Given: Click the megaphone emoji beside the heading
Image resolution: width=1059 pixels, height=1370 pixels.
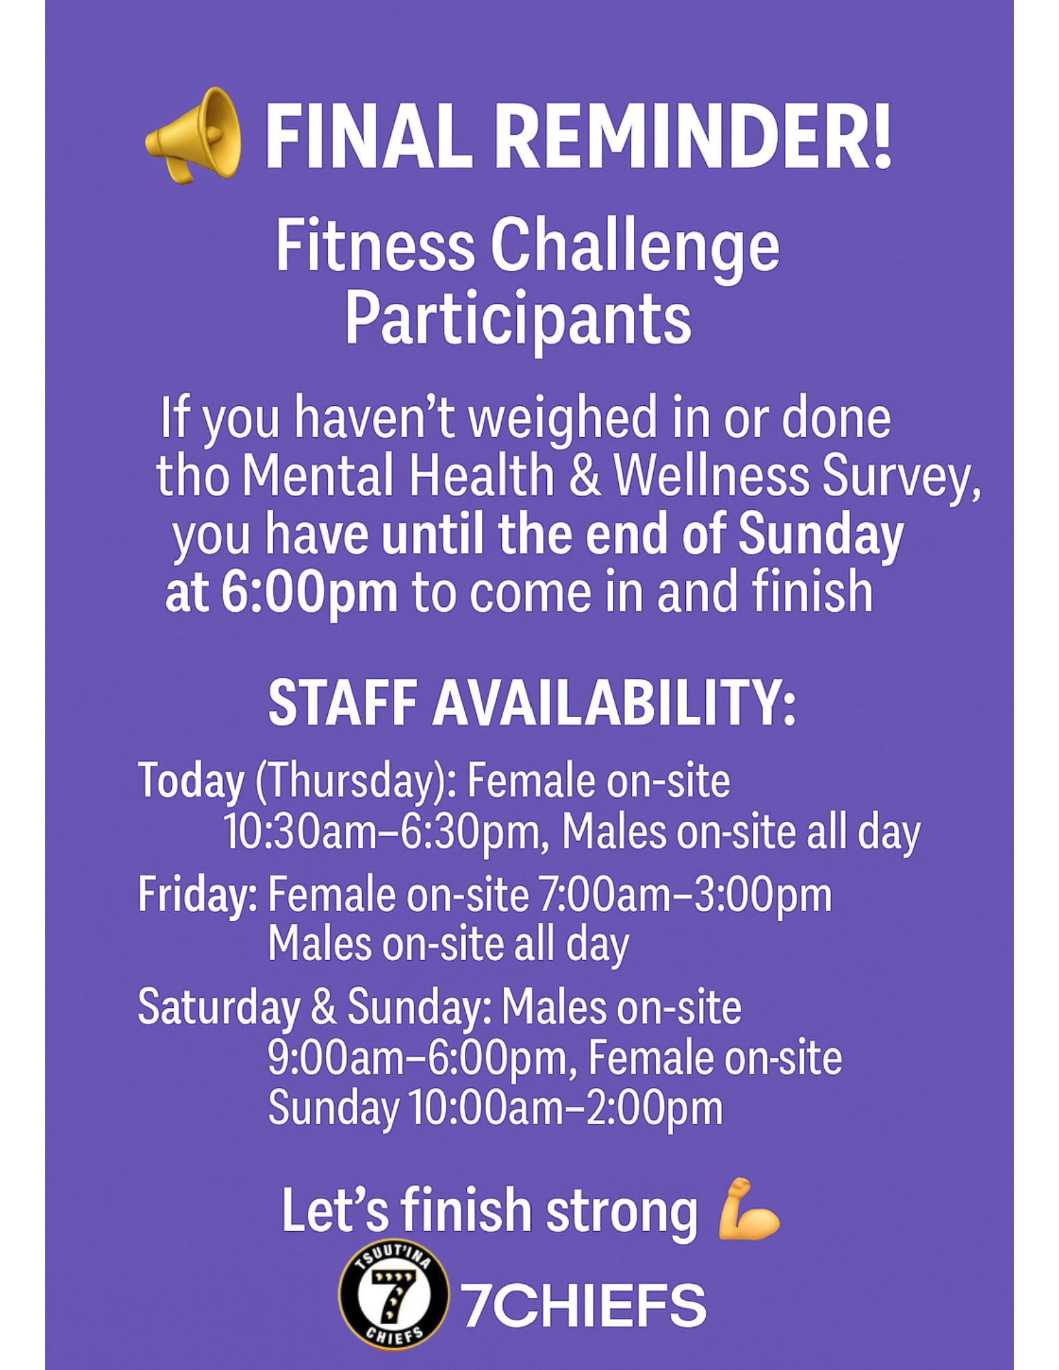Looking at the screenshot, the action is (193, 135).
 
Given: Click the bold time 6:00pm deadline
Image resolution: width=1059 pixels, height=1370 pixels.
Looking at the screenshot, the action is (309, 593).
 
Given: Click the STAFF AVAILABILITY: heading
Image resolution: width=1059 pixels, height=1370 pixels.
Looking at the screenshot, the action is (532, 703).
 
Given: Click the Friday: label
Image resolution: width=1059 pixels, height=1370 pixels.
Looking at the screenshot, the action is (197, 895).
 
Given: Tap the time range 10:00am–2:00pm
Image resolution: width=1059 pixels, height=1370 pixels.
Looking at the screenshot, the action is (566, 1108).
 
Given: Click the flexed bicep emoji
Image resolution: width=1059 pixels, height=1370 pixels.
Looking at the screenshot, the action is (748, 1210).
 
